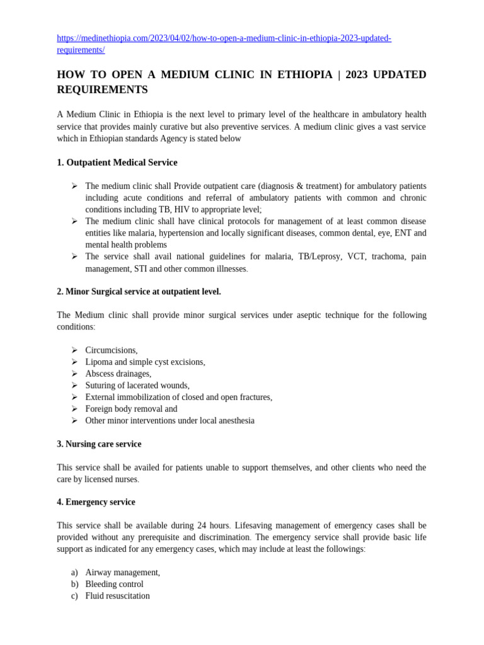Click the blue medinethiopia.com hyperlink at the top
224,38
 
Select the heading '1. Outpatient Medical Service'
117,163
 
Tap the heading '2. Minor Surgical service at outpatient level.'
139,292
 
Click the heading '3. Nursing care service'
99,444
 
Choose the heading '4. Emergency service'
96,502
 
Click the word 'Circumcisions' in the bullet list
111,350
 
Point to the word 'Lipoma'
98,362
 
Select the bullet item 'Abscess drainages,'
118,374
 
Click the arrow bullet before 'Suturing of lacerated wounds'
74,385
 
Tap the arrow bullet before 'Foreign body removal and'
74,408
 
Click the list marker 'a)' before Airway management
74,573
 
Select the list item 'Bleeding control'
115,584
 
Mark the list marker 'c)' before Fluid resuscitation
74,596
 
